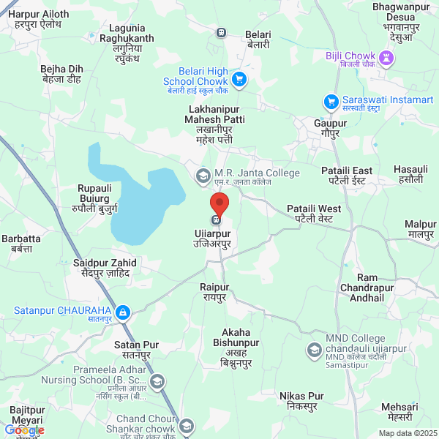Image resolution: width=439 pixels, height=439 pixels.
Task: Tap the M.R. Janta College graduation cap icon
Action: (202, 176)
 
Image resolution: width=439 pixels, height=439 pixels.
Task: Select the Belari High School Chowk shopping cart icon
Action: (238, 79)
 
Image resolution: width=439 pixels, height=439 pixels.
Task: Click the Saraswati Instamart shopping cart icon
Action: (331, 101)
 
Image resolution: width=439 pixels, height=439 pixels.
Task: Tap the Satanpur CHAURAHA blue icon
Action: (123, 313)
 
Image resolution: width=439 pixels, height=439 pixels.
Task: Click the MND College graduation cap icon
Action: (314, 349)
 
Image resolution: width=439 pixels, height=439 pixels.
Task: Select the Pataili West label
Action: (314, 214)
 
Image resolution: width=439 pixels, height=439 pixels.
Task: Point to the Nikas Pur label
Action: (301, 401)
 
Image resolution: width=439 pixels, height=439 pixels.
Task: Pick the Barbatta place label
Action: (21, 244)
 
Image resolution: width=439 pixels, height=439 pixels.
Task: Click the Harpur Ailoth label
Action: (42, 19)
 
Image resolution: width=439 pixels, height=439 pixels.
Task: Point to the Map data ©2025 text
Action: (406, 433)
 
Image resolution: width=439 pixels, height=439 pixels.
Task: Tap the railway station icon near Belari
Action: (220, 31)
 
